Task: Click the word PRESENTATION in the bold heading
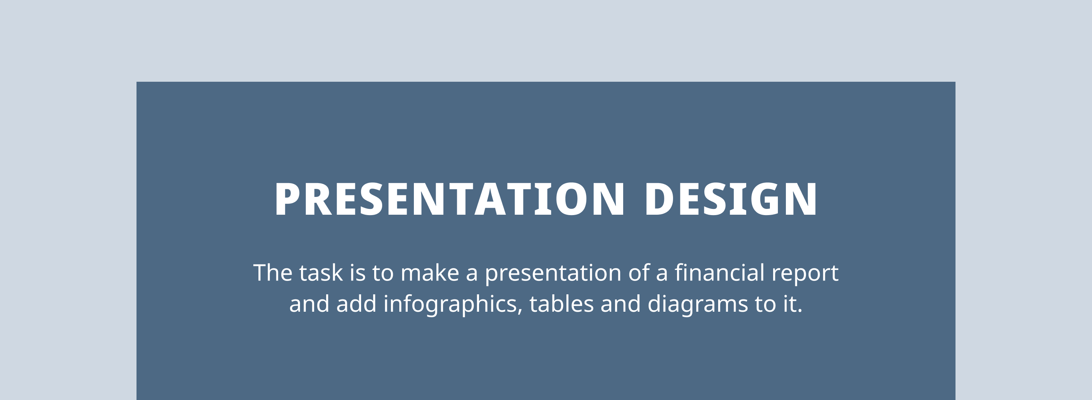click(449, 199)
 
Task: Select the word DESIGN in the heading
click(731, 199)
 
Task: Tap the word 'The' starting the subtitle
click(273, 272)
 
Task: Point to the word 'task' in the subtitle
click(321, 272)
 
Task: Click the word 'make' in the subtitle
click(430, 272)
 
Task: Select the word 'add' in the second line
click(356, 304)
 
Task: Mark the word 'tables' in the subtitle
click(562, 304)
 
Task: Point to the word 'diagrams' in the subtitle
click(698, 305)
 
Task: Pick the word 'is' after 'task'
click(357, 272)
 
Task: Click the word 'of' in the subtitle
click(639, 272)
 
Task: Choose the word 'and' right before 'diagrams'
click(621, 304)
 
